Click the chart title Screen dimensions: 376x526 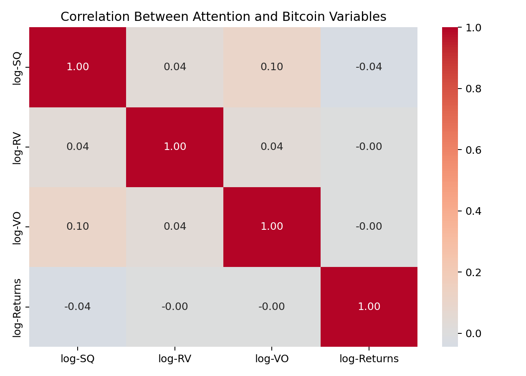tap(223, 17)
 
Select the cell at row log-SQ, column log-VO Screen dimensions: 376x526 tap(272, 67)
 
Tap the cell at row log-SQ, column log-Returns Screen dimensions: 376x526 tap(369, 67)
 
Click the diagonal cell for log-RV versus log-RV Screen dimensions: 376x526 tap(174, 147)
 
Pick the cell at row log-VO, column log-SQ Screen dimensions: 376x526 tap(78, 227)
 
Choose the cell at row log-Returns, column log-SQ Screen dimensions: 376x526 tap(78, 307)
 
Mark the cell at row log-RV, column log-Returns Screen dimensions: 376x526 tap(369, 147)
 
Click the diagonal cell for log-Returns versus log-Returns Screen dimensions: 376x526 tap(369, 307)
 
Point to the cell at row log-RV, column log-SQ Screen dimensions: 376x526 tap(78, 147)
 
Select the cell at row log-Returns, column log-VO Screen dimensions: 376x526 tap(272, 307)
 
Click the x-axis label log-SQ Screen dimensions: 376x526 tap(78, 359)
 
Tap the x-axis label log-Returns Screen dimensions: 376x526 tap(369, 359)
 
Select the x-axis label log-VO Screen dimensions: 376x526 tap(272, 359)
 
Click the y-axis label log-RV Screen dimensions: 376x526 tap(17, 147)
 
